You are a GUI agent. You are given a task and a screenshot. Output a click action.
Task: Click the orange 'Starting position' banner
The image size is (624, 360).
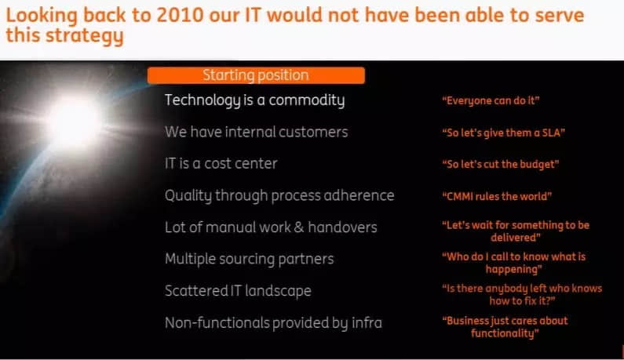256,75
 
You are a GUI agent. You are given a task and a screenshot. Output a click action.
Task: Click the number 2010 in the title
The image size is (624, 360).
180,16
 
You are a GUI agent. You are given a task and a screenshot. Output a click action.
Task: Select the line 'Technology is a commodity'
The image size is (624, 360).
254,100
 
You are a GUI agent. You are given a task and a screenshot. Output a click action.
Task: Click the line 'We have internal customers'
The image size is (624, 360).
257,132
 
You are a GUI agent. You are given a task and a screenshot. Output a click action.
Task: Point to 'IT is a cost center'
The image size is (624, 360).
221,163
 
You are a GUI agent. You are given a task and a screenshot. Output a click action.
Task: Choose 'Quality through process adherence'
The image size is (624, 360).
279,196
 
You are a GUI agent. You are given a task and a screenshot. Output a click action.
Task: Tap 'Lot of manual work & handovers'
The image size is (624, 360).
271,227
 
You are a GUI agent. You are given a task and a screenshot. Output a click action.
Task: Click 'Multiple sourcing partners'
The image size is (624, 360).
249,260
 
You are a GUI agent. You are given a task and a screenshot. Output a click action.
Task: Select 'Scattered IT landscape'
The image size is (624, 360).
238,291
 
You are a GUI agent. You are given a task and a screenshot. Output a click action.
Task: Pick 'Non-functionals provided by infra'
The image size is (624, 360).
273,323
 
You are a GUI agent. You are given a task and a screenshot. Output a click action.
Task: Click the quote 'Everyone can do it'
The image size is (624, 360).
491,100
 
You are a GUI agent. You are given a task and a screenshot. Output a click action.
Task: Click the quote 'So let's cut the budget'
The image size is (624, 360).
501,164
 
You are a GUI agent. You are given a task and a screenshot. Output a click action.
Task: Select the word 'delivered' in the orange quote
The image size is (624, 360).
513,238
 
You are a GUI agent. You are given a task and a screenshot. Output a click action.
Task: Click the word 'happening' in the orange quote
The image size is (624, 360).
512,270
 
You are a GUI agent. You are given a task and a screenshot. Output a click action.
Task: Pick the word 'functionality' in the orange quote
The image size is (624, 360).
502,333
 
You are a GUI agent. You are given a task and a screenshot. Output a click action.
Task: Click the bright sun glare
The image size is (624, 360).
74,121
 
